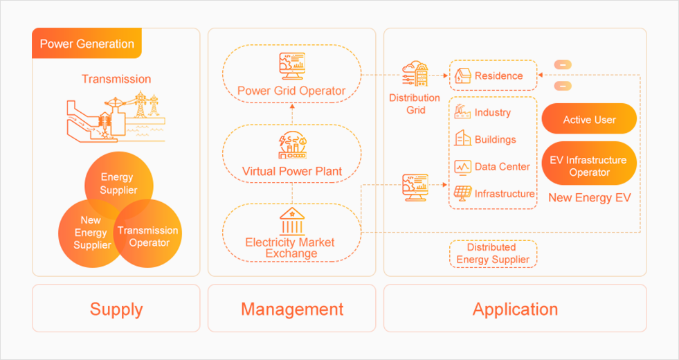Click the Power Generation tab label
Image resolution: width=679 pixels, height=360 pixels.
[x=87, y=44]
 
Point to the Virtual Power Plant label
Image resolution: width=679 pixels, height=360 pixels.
[x=291, y=171]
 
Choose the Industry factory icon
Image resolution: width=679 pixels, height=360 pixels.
[x=462, y=112]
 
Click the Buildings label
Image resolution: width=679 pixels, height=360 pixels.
[x=495, y=139]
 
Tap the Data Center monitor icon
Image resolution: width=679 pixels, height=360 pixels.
[x=462, y=167]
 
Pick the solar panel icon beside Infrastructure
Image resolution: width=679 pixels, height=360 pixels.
[x=462, y=194]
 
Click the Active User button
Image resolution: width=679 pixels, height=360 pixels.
[x=589, y=119]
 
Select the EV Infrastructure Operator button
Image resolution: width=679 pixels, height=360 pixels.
[x=589, y=165]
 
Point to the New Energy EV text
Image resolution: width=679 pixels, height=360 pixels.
[x=589, y=198]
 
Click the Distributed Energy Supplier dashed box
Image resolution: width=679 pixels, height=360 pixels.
[x=492, y=253]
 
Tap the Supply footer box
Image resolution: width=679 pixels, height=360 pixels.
[x=116, y=309]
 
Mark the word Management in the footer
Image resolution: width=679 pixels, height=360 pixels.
[x=291, y=309]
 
